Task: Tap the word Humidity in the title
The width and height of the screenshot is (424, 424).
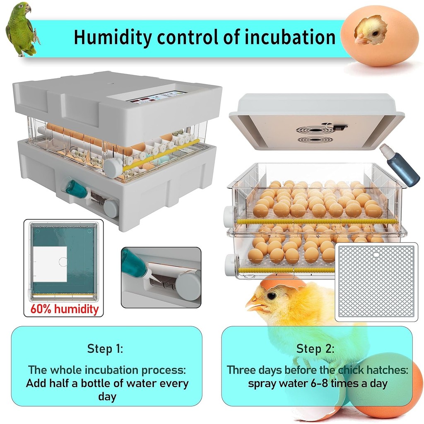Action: click(113, 37)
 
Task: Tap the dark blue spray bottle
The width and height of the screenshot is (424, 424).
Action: click(399, 165)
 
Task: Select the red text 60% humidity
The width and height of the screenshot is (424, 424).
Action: click(64, 309)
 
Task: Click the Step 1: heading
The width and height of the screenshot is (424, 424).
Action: click(105, 349)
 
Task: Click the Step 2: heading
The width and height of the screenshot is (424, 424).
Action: click(315, 349)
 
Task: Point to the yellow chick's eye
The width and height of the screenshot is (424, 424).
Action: click(272, 296)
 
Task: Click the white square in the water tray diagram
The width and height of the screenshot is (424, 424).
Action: click(50, 264)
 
